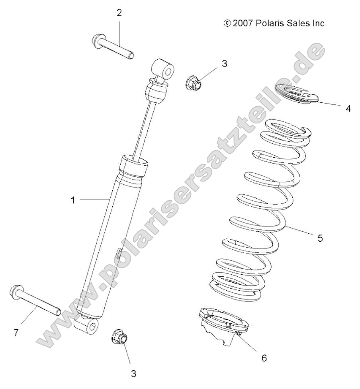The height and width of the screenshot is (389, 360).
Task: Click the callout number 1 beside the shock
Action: click(73, 200)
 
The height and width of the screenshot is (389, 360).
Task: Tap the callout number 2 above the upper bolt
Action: click(119, 12)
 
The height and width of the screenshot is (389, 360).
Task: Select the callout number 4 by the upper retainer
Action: click(348, 108)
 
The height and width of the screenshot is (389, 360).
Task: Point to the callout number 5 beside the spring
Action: click(320, 238)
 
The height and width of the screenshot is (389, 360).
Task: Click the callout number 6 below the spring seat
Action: click(264, 358)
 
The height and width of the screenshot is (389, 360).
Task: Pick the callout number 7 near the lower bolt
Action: click(16, 333)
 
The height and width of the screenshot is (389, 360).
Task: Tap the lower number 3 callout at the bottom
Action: click(134, 373)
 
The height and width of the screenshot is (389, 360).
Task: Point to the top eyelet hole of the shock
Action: click(169, 71)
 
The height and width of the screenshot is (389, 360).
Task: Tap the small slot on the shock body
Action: click(118, 254)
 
